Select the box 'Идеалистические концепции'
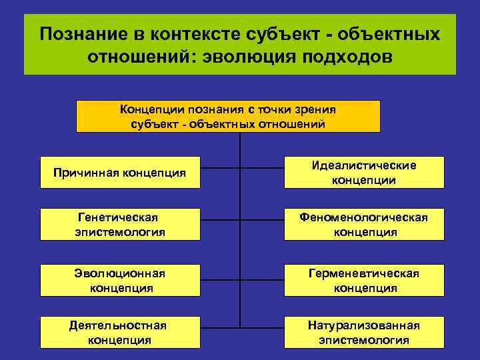click(x=363, y=173)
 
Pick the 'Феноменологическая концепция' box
click(x=363, y=225)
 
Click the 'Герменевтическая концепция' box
click(x=363, y=281)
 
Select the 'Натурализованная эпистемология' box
click(x=363, y=332)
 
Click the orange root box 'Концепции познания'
click(x=228, y=116)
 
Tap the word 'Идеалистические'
click(x=363, y=165)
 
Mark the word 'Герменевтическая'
click(x=363, y=273)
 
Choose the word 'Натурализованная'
click(x=363, y=325)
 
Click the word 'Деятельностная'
click(x=118, y=325)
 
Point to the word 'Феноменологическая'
click(x=363, y=217)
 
